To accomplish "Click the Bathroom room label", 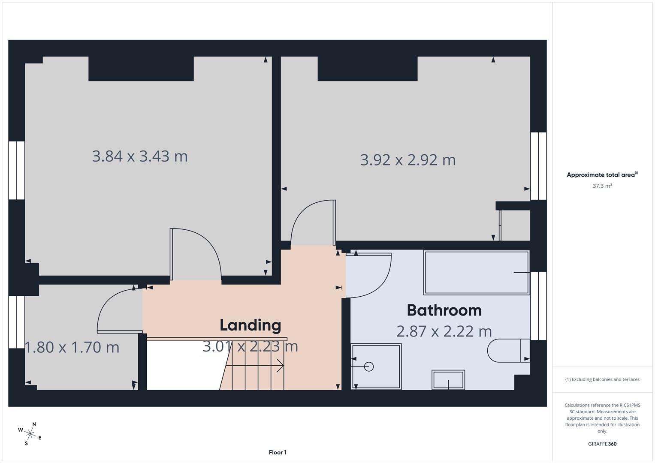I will tap(444, 310).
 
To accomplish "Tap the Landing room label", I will tap(250, 325).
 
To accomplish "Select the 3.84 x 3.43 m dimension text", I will tap(140, 156).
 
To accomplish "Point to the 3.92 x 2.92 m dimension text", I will tap(407, 160).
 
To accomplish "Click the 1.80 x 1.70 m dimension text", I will tap(72, 347).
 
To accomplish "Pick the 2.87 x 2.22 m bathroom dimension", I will tap(444, 331).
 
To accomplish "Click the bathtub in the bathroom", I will tap(476, 273).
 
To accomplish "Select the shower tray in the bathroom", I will tap(376, 367).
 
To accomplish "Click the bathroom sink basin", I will tap(448, 380).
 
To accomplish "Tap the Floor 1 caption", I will tap(278, 452).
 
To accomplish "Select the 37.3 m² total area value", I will tap(602, 186).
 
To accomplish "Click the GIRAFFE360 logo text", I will tap(602, 444).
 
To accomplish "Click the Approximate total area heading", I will tap(602, 174).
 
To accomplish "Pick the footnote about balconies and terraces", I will tap(602, 379).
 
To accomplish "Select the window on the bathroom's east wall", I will tap(539, 306).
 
